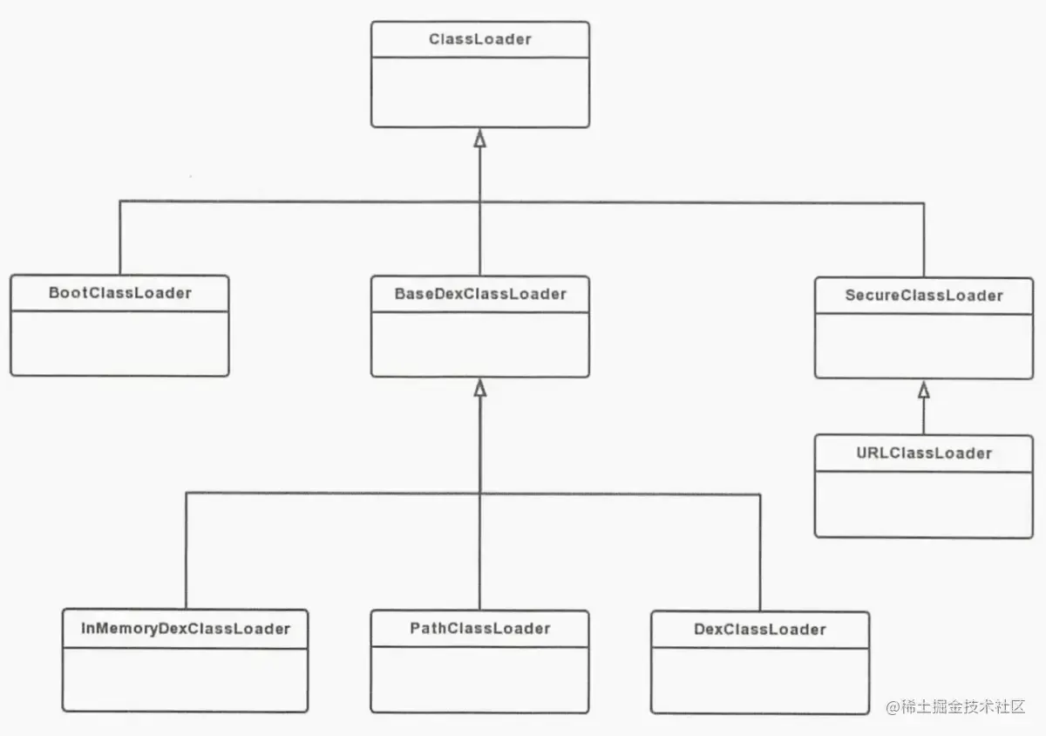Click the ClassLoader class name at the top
(479, 39)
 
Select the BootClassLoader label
(119, 293)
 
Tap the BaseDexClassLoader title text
(479, 294)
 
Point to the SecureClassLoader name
(924, 296)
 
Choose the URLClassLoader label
(924, 453)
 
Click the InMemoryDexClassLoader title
(185, 628)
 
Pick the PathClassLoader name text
(479, 628)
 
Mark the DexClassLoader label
(760, 630)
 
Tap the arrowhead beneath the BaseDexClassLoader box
(479, 388)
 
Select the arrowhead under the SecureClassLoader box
(924, 390)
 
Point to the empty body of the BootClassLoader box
(119, 343)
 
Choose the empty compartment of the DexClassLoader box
(760, 679)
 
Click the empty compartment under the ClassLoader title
(479, 92)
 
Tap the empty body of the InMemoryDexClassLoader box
(185, 679)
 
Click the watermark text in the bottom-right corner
(955, 707)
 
